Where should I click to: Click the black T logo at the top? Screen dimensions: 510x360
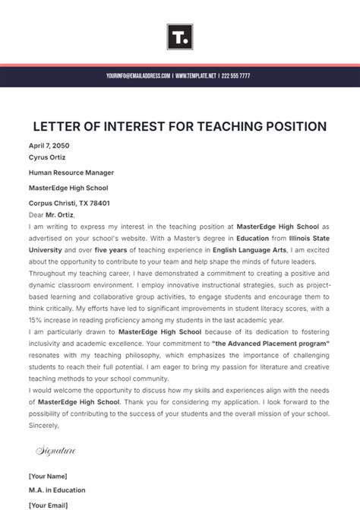coord(180,36)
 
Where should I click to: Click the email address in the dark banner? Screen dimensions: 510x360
coord(139,76)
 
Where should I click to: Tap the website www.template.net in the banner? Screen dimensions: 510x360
coord(196,76)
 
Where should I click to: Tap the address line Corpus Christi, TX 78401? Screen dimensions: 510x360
coord(69,203)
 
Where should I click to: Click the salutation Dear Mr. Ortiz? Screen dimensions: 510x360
coord(51,214)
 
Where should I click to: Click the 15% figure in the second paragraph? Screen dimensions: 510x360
coord(36,320)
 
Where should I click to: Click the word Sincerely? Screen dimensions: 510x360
coord(44,426)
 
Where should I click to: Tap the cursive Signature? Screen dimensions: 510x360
coord(56,451)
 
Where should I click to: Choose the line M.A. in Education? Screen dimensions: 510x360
coord(57,490)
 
